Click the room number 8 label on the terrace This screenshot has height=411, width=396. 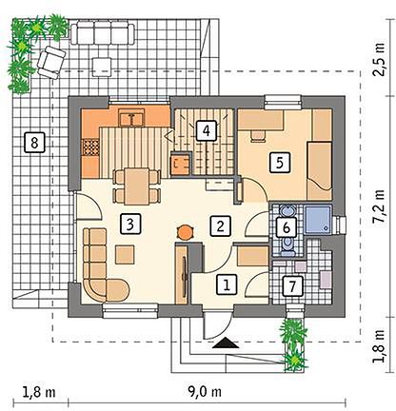(34, 143)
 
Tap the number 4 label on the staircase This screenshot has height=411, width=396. (207, 130)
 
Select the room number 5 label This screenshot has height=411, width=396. (280, 163)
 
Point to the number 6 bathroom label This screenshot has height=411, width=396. (287, 227)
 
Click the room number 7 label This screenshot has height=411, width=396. (292, 286)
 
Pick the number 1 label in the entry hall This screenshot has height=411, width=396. (227, 284)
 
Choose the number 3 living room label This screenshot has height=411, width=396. (129, 224)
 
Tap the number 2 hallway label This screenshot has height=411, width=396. (220, 226)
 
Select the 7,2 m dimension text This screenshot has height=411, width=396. (379, 207)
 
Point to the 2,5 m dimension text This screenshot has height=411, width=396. (379, 59)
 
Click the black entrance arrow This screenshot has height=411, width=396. (226, 342)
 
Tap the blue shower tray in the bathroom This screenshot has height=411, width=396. (318, 220)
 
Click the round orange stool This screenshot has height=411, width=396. (185, 232)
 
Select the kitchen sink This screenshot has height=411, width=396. (132, 117)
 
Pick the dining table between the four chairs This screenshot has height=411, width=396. (137, 186)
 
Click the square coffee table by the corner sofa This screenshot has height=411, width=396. (125, 255)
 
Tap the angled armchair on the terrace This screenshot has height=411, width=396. (50, 62)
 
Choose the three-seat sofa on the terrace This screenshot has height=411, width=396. (102, 33)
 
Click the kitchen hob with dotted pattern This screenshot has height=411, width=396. (90, 147)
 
